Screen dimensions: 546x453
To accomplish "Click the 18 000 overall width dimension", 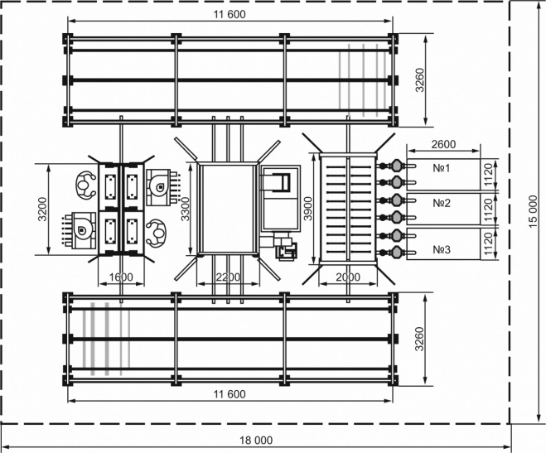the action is (256, 440).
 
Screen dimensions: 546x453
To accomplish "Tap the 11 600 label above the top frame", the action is (230, 14).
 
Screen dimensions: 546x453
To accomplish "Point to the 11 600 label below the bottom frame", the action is (230, 394).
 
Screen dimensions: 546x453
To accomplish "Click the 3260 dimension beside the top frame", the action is (420, 80).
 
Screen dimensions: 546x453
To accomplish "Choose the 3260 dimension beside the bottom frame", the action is (420, 339).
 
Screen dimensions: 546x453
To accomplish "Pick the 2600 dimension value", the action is (443, 144).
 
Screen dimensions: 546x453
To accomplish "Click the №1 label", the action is (441, 168).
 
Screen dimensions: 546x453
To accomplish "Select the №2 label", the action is (441, 203).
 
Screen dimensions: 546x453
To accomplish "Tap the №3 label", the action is (441, 249).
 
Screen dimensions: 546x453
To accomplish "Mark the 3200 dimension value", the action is (42, 209).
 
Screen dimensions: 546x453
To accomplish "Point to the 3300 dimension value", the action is (186, 209).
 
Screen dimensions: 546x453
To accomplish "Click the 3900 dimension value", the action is (308, 209).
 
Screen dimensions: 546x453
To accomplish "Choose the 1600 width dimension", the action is (121, 277).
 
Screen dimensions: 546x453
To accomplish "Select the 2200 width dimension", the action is (228, 277).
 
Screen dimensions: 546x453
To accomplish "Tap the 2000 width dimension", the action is (348, 277).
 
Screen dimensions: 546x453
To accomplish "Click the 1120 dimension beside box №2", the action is (489, 210).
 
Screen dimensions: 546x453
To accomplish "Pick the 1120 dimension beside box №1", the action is (489, 174).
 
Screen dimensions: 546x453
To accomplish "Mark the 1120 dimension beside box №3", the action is (489, 244).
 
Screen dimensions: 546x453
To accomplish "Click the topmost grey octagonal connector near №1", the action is (397, 166).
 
